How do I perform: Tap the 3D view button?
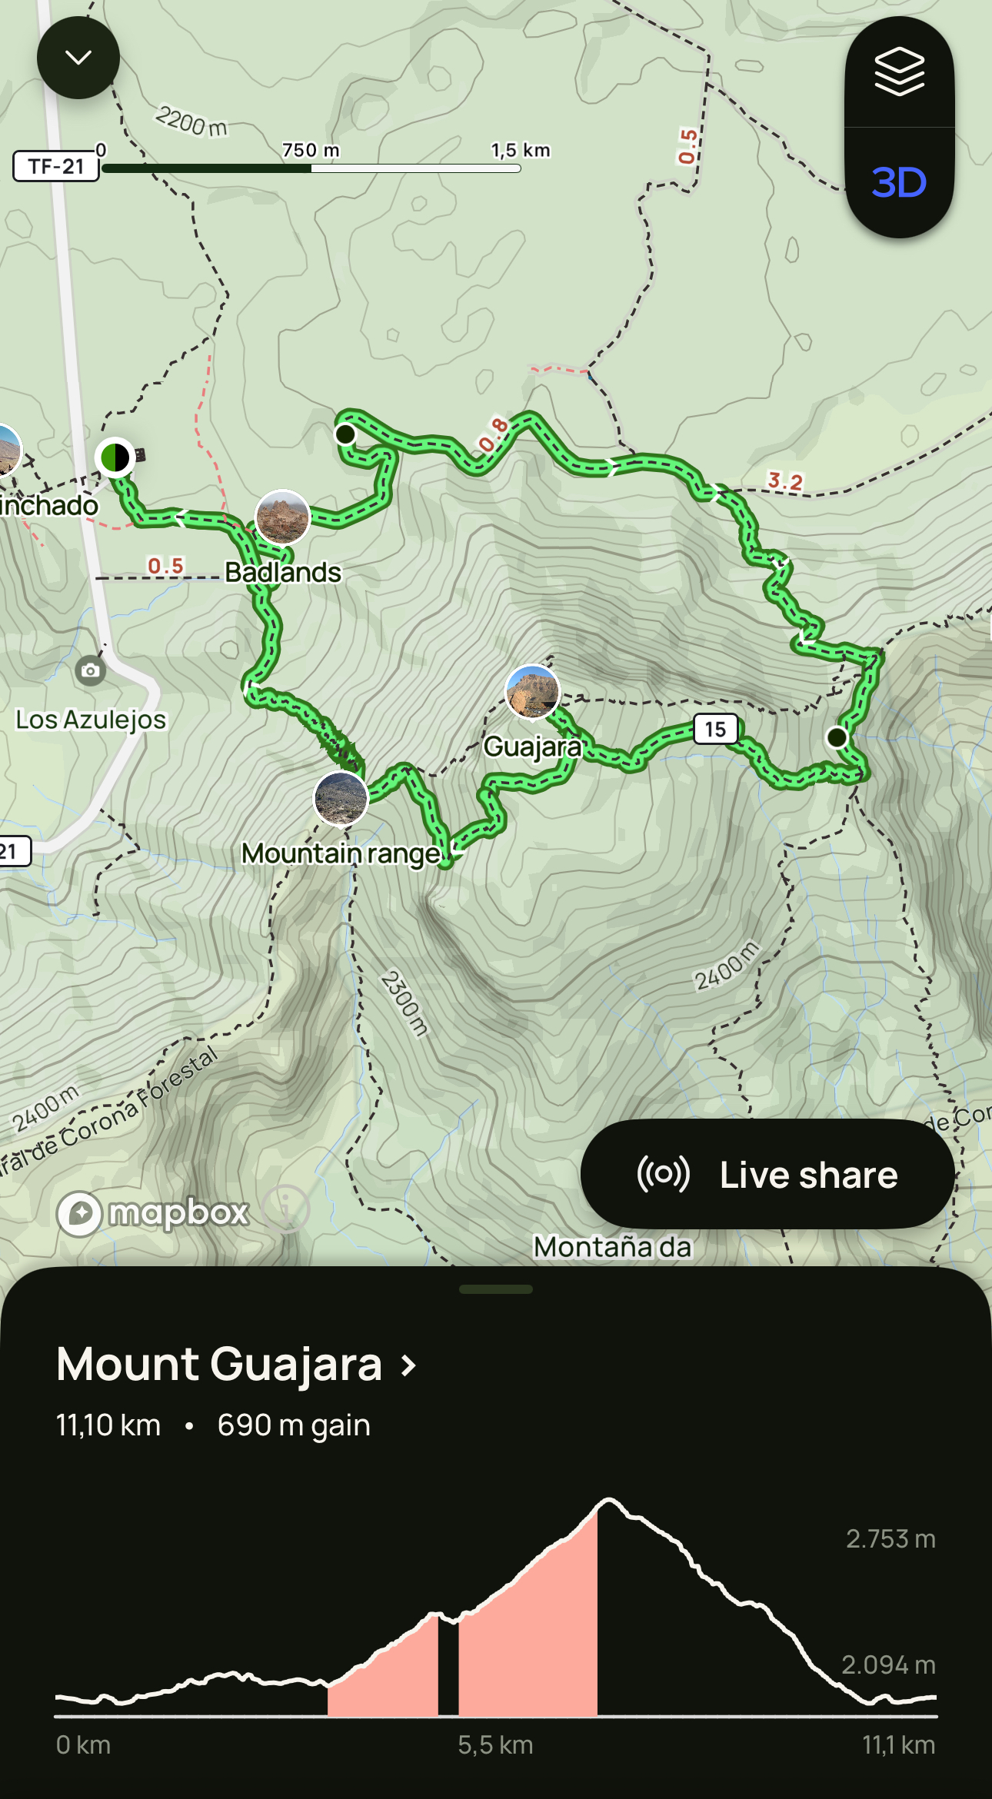point(899,183)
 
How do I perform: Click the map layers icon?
point(899,71)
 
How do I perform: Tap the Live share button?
point(767,1174)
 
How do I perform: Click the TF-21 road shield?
point(56,166)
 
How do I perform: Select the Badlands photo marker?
point(282,517)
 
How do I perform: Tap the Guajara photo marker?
point(532,691)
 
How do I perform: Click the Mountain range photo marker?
point(341,799)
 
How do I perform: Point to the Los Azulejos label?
point(91,720)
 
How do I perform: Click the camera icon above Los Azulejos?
point(90,670)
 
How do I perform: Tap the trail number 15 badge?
point(715,729)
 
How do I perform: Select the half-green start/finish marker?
point(115,457)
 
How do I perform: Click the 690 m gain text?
point(294,1425)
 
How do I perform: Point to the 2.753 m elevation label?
point(890,1538)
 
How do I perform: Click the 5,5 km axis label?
point(495,1744)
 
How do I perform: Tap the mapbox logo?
point(153,1213)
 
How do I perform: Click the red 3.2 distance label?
point(785,481)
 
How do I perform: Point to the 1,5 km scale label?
point(521,150)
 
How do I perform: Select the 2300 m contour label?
point(404,1003)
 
